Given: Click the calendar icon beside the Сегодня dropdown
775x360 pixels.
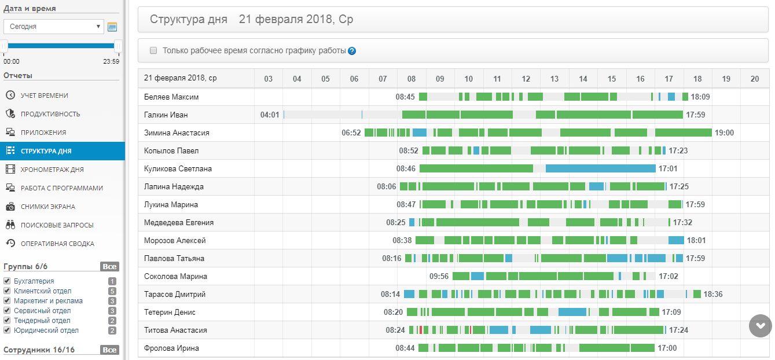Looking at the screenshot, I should pyautogui.click(x=112, y=27).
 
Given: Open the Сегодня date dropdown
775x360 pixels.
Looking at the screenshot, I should pyautogui.click(x=53, y=27).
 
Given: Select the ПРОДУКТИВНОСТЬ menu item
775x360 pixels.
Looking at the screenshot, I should pyautogui.click(x=50, y=114).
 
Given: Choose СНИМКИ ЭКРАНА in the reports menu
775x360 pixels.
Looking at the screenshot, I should pyautogui.click(x=47, y=207).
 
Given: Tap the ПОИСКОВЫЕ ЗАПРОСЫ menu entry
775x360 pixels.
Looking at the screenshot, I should pyautogui.click(x=57, y=225).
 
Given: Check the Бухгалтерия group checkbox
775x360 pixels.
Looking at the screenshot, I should pyautogui.click(x=7, y=281).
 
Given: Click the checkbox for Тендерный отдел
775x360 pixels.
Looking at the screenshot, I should pyautogui.click(x=7, y=321).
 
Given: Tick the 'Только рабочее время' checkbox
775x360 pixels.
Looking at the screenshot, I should pyautogui.click(x=153, y=50).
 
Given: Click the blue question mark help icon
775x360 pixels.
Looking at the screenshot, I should pyautogui.click(x=352, y=51).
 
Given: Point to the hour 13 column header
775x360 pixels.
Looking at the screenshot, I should pyautogui.click(x=554, y=79).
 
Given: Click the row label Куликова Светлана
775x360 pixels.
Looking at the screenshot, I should pyautogui.click(x=178, y=169).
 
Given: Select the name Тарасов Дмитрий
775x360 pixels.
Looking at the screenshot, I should pyautogui.click(x=174, y=295).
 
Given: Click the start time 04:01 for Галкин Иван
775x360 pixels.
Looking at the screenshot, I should pyautogui.click(x=270, y=115).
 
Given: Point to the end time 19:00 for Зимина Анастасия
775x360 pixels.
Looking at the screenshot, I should pyautogui.click(x=724, y=133).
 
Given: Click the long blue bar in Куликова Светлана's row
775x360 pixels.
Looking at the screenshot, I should pyautogui.click(x=600, y=169).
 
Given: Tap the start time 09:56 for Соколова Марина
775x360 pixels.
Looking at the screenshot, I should pyautogui.click(x=439, y=277).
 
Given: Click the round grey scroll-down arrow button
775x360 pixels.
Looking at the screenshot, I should pyautogui.click(x=760, y=326).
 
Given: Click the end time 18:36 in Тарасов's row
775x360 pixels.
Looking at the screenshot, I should pyautogui.click(x=713, y=295).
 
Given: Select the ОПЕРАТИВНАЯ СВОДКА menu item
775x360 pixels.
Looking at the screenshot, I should pyautogui.click(x=57, y=244).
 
